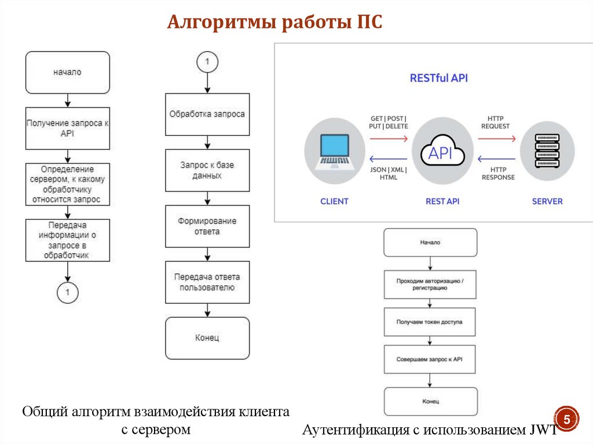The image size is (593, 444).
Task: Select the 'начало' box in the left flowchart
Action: tap(67, 72)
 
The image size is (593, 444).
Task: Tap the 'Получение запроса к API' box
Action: tap(67, 128)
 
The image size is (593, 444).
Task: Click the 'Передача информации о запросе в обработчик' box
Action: tap(67, 240)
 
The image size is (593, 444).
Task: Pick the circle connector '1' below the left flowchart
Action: tap(67, 292)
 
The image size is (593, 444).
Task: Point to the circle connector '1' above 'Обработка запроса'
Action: tap(207, 61)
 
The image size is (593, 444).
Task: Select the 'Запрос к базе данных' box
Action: tap(207, 170)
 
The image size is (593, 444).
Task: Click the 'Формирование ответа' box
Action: tap(207, 226)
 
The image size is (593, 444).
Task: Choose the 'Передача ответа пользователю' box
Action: tap(207, 282)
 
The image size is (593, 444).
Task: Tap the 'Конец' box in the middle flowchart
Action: tap(207, 338)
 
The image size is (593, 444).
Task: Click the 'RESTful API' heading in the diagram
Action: tap(438, 78)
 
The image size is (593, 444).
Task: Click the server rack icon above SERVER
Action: tap(547, 152)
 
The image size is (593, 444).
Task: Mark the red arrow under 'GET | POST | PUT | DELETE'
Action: tap(389, 139)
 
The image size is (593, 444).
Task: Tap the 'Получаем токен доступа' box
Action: tap(430, 322)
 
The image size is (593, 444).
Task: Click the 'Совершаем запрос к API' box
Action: tap(430, 359)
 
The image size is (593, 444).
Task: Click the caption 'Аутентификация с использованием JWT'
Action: tap(429, 430)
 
